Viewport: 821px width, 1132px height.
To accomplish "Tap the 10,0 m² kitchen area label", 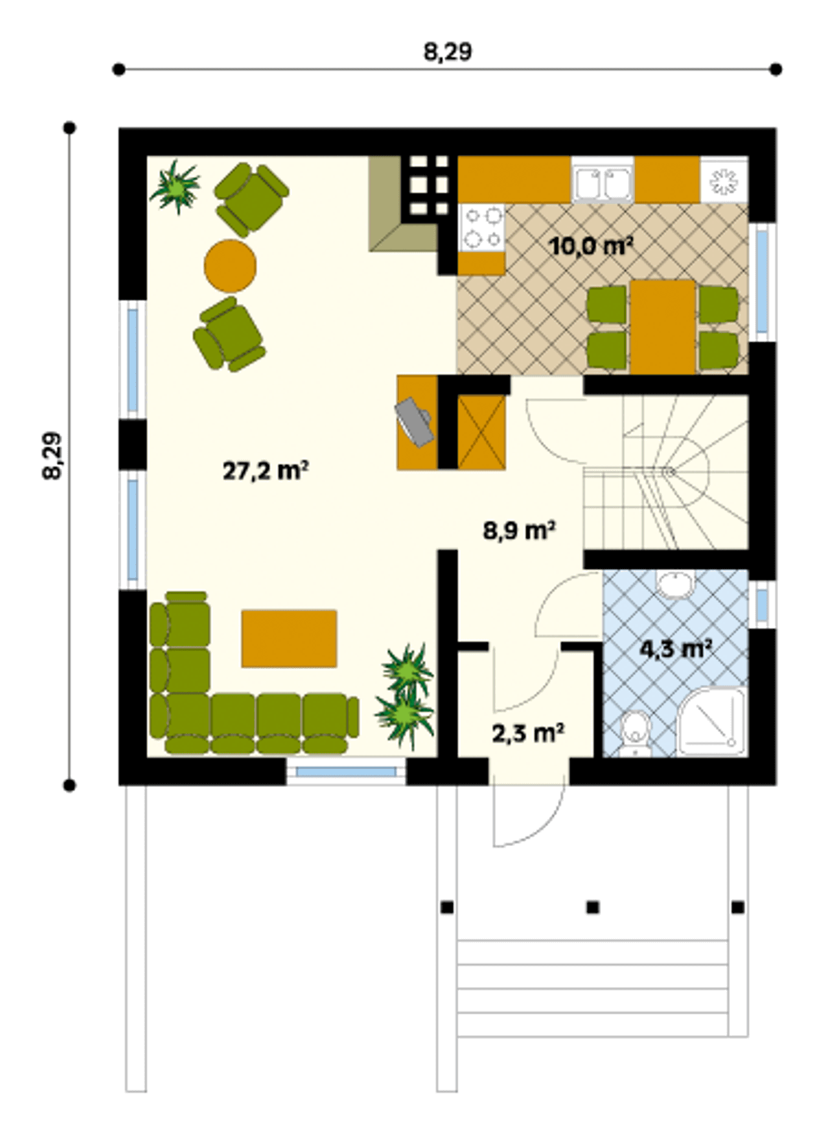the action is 591,246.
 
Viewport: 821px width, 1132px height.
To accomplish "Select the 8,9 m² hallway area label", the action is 519,531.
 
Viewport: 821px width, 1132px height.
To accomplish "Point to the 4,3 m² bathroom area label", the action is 676,649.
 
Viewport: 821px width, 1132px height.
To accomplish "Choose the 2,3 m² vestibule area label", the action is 528,732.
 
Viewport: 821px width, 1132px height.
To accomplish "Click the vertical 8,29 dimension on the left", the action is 53,456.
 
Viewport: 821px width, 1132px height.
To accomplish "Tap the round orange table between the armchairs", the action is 230,266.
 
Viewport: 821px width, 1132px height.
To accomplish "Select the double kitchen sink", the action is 602,183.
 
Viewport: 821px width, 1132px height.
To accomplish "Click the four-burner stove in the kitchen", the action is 482,229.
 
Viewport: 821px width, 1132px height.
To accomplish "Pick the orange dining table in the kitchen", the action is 663,327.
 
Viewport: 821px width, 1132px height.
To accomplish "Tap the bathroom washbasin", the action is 675,584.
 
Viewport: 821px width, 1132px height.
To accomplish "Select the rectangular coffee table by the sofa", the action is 289,638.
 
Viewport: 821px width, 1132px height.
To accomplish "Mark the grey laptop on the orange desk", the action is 414,421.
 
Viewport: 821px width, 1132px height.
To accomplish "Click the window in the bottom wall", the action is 346,772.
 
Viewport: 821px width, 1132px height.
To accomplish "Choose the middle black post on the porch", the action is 593,908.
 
